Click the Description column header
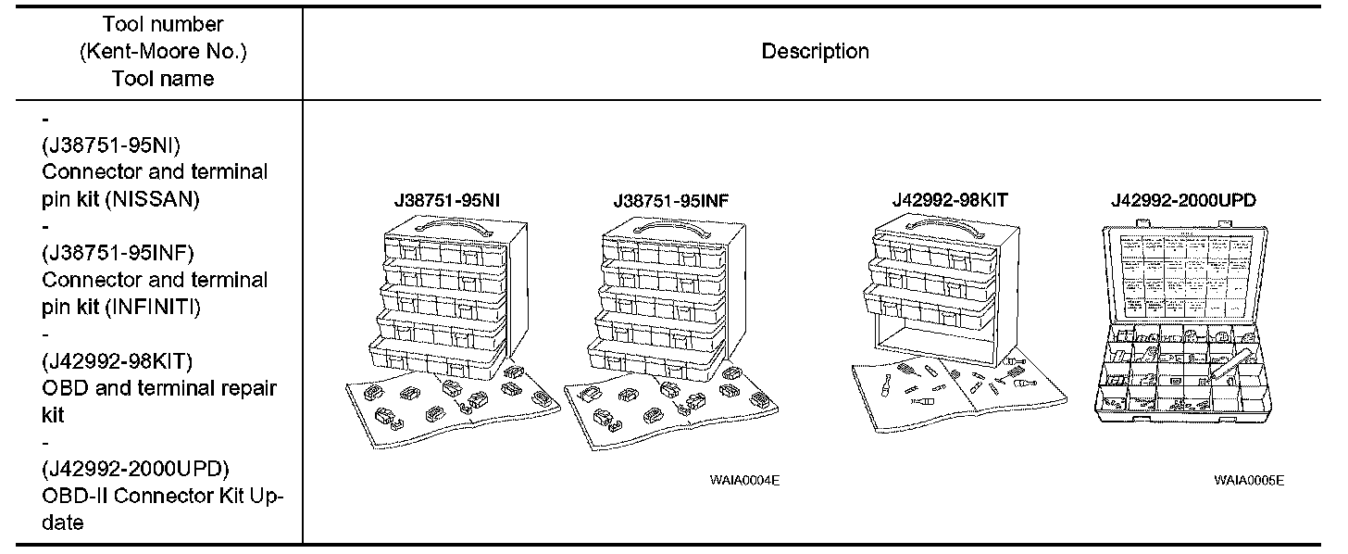click(815, 52)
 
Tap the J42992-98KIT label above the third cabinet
click(950, 199)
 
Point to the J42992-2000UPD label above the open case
click(1183, 199)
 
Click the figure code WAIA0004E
click(738, 480)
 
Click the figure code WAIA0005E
click(1250, 480)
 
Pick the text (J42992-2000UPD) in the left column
click(136, 468)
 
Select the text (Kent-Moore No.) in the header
click(163, 52)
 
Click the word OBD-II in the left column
click(79, 496)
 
